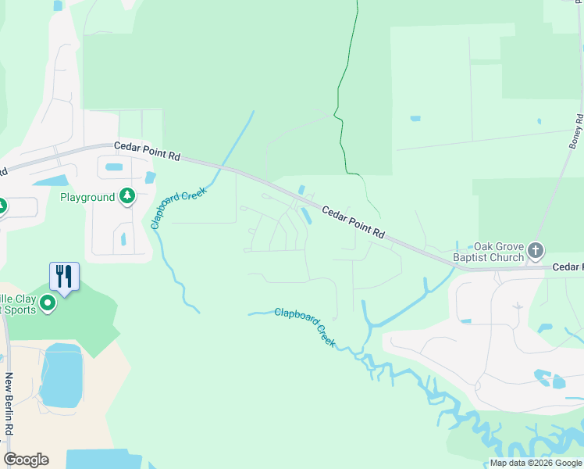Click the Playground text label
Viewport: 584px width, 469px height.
click(87, 197)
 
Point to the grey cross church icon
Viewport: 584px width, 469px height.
click(535, 251)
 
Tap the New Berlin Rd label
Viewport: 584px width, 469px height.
click(9, 404)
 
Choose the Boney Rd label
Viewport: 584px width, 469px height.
click(577, 131)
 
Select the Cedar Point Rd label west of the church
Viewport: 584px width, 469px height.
click(354, 222)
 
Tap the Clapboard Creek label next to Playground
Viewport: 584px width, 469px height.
click(180, 207)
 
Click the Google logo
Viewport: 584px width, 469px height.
click(26, 460)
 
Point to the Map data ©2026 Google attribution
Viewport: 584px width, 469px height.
click(536, 463)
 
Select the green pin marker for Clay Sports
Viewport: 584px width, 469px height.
click(48, 303)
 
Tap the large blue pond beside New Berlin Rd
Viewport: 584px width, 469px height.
click(61, 375)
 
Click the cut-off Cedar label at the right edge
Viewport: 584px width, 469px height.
click(568, 267)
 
